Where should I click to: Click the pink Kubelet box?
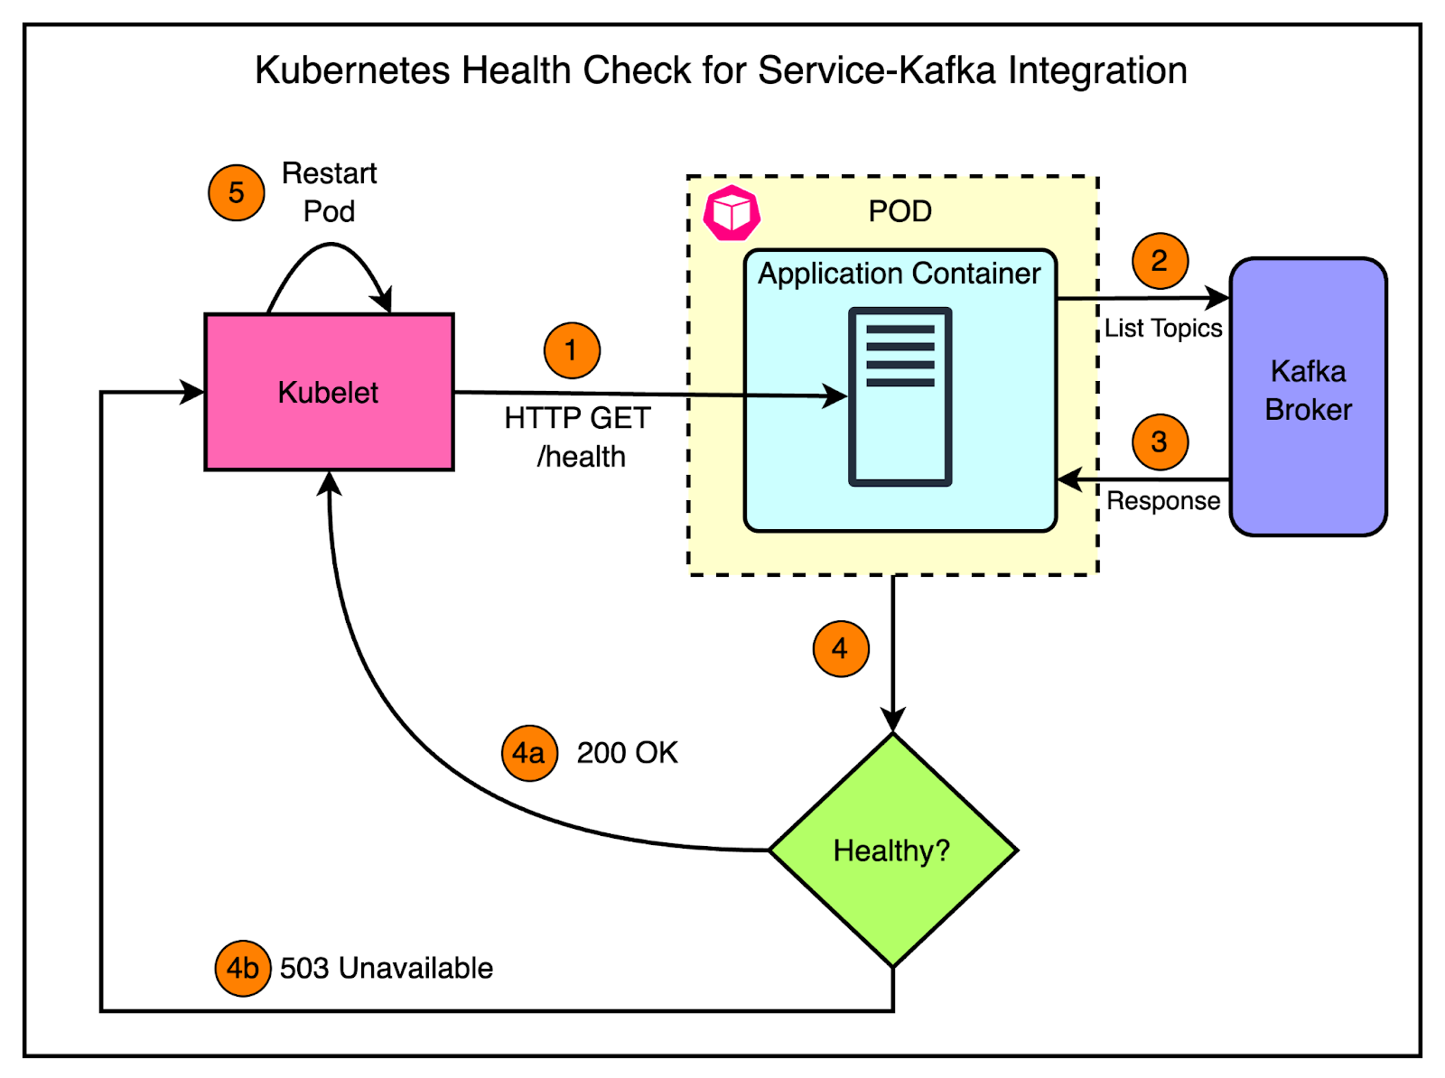coord(329,392)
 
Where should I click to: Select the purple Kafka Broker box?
coord(1308,395)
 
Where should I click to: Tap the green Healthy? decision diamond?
coord(892,850)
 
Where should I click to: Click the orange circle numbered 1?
coord(572,350)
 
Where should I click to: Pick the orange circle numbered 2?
coord(1160,261)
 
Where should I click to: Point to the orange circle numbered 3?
coord(1160,442)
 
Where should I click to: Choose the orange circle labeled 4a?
coord(529,752)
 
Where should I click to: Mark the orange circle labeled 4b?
coord(242,968)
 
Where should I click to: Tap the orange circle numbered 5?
coord(237,192)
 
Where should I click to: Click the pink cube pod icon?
coord(732,213)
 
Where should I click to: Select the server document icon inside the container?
coord(900,396)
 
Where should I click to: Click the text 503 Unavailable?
coord(387,968)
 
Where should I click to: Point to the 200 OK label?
coord(627,752)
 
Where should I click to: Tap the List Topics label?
coord(1163,328)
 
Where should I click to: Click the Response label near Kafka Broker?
coord(1163,500)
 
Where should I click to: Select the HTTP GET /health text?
coord(578,437)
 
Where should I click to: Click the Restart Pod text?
coord(330,191)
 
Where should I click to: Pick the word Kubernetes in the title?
coord(352,70)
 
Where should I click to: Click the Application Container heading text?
coord(899,273)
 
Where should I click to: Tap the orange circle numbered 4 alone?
coord(841,648)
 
